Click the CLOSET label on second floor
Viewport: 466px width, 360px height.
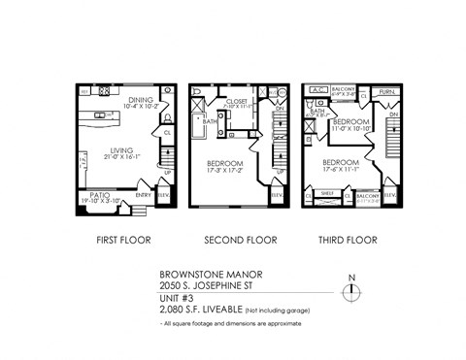(238, 100)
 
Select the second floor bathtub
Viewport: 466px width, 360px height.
(198, 121)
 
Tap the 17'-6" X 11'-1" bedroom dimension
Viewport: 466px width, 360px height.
(343, 166)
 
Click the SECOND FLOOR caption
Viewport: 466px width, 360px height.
(240, 240)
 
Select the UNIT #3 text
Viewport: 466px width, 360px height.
(175, 298)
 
